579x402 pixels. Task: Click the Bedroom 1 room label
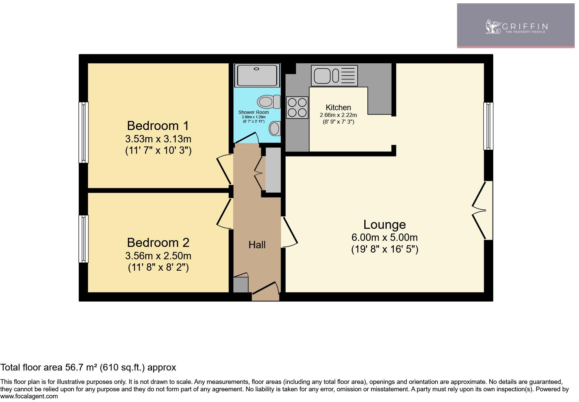[158, 126]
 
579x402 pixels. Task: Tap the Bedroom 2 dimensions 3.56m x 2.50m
[158, 256]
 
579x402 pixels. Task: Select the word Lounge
[384, 224]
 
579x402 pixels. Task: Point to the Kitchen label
[338, 108]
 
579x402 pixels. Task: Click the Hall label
[257, 245]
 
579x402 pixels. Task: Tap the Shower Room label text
[253, 112]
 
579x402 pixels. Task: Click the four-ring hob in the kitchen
[297, 107]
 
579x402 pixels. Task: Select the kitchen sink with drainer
[334, 75]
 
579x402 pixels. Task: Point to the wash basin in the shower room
[275, 128]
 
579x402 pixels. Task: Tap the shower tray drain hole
[257, 69]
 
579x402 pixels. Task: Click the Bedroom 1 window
[83, 132]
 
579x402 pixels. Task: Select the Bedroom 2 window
[83, 239]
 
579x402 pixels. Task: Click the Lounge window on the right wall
[488, 126]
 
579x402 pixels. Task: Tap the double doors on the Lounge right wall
[482, 210]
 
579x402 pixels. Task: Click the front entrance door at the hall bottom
[265, 290]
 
